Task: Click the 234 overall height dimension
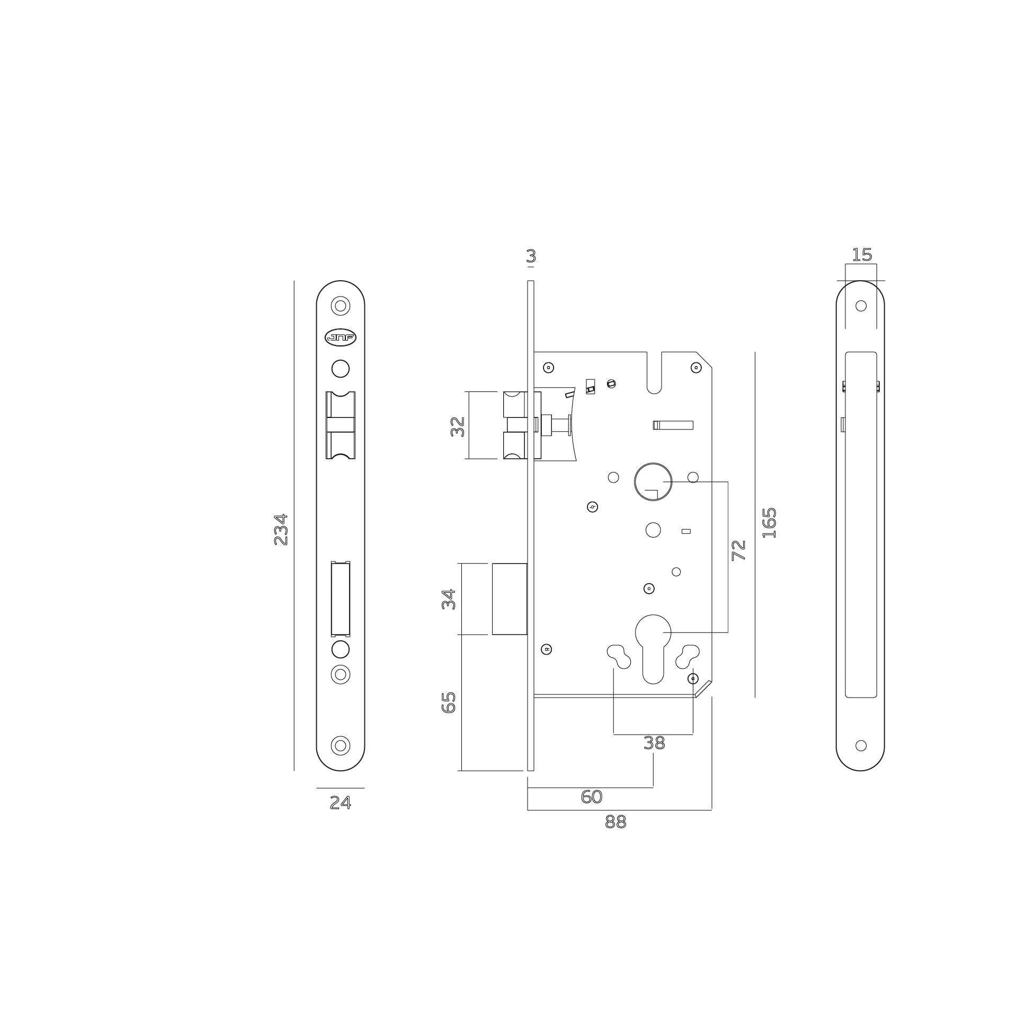click(281, 529)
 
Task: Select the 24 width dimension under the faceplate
click(340, 803)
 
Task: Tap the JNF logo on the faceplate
click(341, 338)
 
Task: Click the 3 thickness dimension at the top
click(531, 256)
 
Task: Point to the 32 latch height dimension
click(458, 427)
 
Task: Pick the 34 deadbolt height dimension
click(449, 599)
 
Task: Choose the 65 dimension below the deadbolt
click(449, 702)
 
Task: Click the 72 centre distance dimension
click(738, 550)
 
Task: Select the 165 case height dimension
click(769, 523)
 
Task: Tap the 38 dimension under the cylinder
click(654, 743)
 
